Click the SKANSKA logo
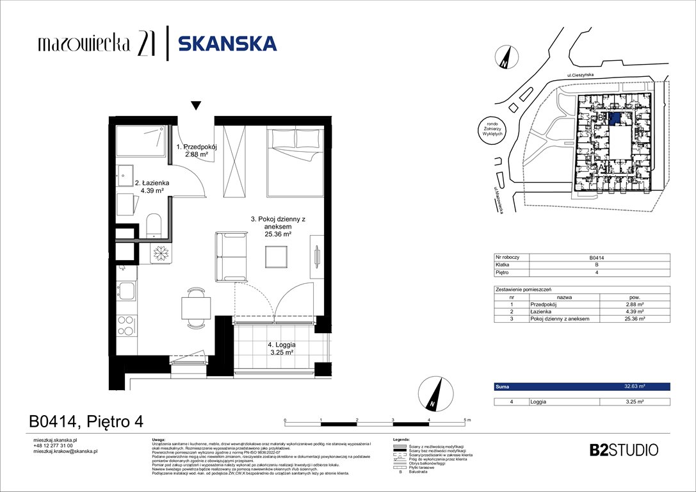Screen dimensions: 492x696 coord(227,44)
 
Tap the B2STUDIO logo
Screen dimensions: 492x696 coord(623,450)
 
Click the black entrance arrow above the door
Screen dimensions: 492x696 coord(196,106)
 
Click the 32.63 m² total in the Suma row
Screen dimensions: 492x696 coord(633,387)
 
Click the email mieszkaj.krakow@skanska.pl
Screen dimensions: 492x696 coord(65,452)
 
